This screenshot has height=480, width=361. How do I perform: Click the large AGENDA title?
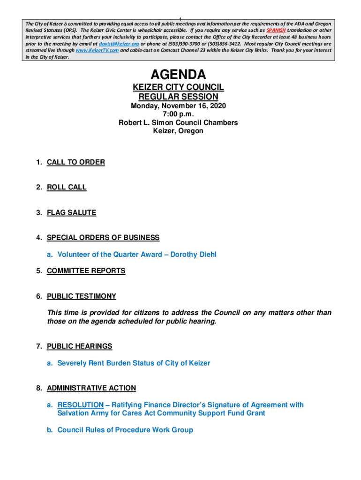tap(178, 75)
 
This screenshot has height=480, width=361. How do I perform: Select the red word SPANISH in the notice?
tap(276, 30)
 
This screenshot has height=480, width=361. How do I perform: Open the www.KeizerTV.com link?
tap(97, 50)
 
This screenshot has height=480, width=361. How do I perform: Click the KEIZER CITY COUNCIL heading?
tap(178, 88)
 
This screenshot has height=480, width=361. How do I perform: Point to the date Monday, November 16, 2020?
tap(178, 106)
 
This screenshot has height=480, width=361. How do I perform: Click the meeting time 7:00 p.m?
tap(178, 114)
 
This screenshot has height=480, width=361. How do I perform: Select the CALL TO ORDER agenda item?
tap(75, 162)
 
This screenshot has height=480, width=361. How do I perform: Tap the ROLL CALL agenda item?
tap(67, 187)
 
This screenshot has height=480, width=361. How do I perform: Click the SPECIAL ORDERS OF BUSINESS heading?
tap(103, 238)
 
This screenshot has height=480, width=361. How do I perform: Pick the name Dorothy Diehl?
tap(193, 255)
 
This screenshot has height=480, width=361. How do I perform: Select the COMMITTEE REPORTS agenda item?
tap(86, 271)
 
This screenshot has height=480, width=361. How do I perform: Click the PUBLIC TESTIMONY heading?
tap(81, 296)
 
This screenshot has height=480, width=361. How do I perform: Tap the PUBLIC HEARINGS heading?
tap(79, 346)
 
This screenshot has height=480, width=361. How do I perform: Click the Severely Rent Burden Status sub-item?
tap(134, 363)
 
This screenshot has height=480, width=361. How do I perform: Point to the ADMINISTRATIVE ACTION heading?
tap(91, 388)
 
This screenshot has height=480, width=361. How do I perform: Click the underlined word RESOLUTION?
tap(80, 405)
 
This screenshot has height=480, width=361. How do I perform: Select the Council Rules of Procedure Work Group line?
tap(125, 430)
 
